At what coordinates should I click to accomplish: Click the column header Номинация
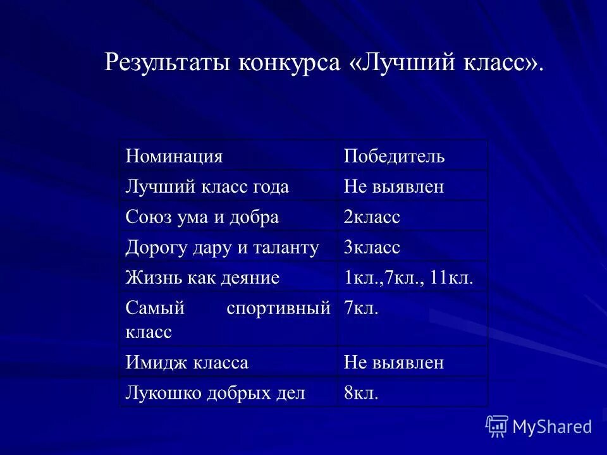(x=174, y=156)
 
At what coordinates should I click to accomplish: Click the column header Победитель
(x=394, y=156)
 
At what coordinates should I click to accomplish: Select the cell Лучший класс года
(x=207, y=186)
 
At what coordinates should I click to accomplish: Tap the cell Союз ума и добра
(x=202, y=217)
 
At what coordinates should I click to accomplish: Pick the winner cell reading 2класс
(x=372, y=217)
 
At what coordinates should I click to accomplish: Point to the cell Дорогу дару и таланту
(x=223, y=247)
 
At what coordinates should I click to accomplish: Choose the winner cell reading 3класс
(x=372, y=247)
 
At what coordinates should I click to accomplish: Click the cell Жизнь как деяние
(x=202, y=277)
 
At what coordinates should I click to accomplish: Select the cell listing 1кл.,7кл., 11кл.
(x=408, y=277)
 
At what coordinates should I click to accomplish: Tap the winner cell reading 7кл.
(x=361, y=308)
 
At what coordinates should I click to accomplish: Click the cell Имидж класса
(x=187, y=363)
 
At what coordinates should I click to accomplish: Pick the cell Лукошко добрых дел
(x=216, y=393)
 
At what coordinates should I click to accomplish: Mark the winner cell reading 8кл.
(x=361, y=393)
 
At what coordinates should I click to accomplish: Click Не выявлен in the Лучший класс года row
(x=394, y=186)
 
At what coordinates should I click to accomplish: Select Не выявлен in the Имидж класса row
(x=394, y=363)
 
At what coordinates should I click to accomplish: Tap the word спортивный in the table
(x=278, y=308)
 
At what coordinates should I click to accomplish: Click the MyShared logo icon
(x=497, y=426)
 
